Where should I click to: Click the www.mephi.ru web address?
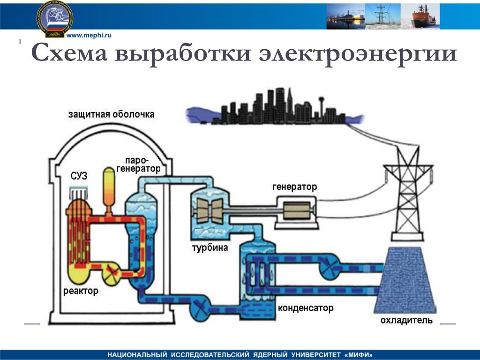pyautogui.click(x=89, y=35)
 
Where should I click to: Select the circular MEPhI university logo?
pyautogui.click(x=55, y=19)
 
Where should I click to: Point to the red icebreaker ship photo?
pyautogui.click(x=420, y=16)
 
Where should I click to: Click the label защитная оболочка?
pyautogui.click(x=111, y=114)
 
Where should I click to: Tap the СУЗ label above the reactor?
pyautogui.click(x=79, y=176)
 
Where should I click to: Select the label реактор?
pyautogui.click(x=81, y=291)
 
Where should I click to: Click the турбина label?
pyautogui.click(x=210, y=247)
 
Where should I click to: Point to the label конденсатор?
pyautogui.click(x=306, y=307)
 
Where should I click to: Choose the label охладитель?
pyautogui.click(x=406, y=320)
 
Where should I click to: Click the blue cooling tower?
pyautogui.click(x=405, y=280)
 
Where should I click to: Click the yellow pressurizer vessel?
pyautogui.click(x=109, y=190)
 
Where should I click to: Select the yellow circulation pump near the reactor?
pyautogui.click(x=112, y=273)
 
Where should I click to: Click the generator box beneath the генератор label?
pyautogui.click(x=297, y=212)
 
